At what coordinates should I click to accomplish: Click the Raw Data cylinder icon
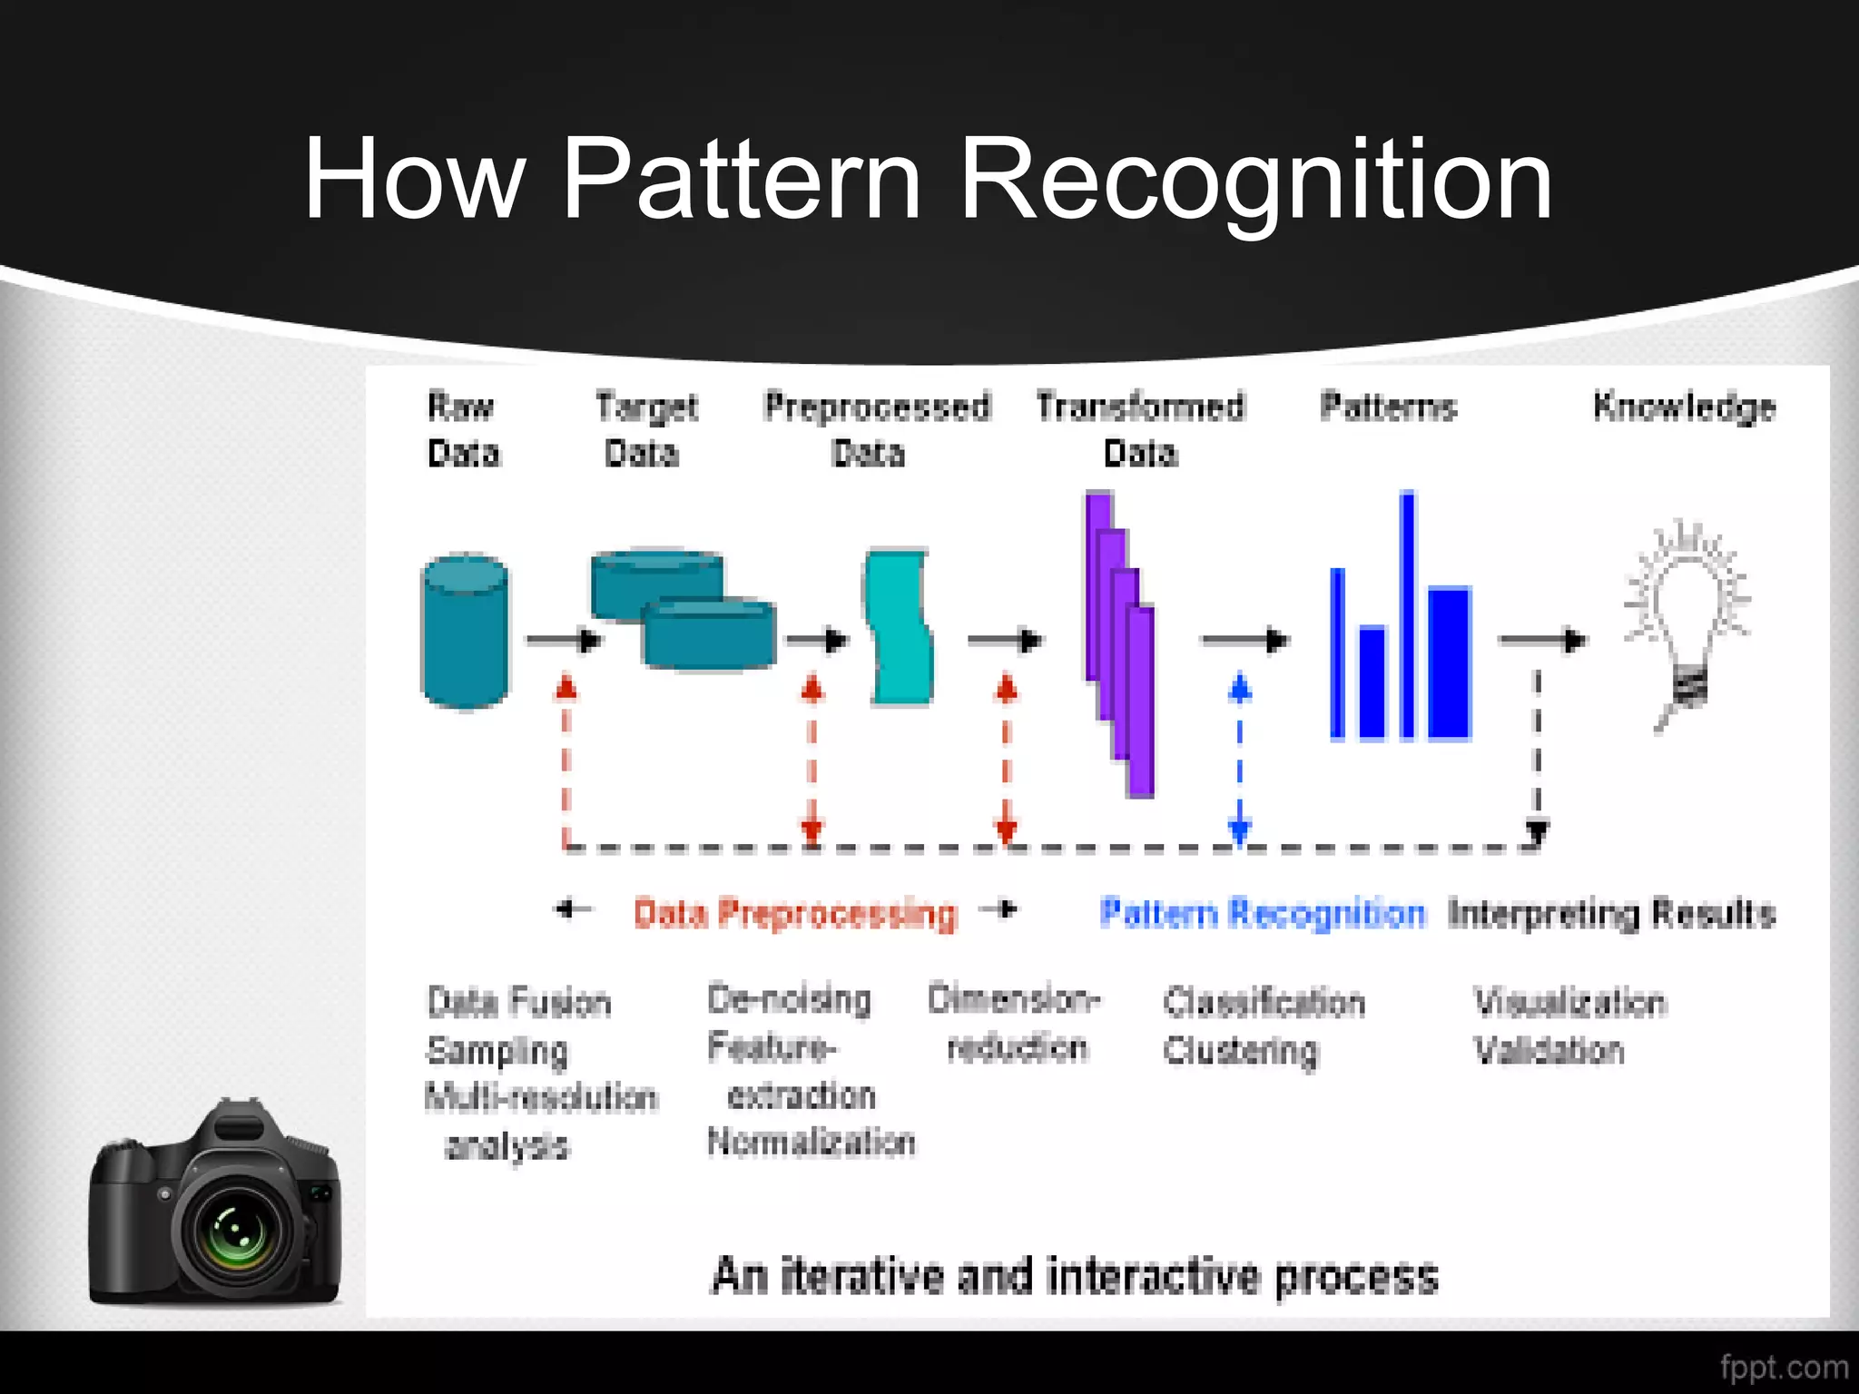coord(465,631)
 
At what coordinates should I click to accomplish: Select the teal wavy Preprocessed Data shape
coord(898,626)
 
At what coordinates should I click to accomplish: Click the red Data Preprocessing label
coord(795,913)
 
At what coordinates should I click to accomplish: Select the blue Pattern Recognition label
coord(1262,913)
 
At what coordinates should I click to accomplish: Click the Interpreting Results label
coord(1611,913)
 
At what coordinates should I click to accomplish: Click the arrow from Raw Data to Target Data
coord(563,641)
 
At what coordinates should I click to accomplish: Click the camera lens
coord(236,1231)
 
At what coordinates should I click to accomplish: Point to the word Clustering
coord(1240,1051)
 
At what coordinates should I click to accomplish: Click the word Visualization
coord(1569,1002)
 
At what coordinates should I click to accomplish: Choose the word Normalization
coord(811,1142)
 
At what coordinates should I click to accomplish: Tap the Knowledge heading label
coord(1684,407)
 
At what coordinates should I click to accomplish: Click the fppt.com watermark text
coord(1784,1367)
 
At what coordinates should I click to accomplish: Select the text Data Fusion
coord(519,1002)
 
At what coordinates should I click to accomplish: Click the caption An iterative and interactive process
coord(1075,1276)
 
